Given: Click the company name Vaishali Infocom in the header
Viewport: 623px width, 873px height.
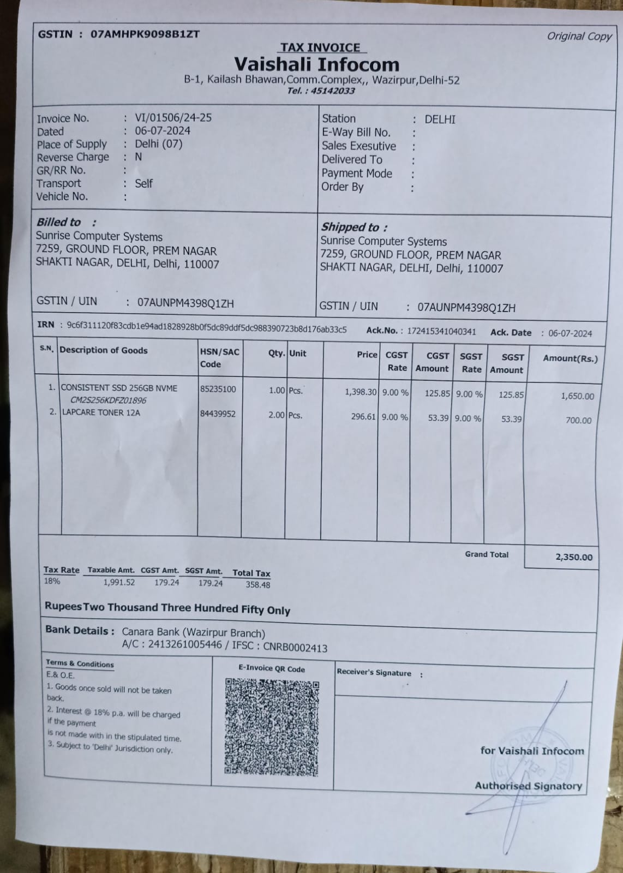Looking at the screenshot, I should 316,65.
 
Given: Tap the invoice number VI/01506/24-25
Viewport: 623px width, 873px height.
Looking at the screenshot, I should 173,117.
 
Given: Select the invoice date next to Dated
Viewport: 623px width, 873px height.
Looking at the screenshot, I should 163,130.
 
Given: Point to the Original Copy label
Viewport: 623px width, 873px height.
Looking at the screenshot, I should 579,37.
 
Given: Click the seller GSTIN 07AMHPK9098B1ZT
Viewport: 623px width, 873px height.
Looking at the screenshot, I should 145,34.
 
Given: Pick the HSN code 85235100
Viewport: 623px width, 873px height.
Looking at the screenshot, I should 218,389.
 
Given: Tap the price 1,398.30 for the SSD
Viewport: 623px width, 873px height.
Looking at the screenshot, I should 360,392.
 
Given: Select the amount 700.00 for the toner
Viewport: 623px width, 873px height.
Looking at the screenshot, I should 578,420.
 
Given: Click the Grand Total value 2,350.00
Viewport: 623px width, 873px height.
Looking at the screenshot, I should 573,557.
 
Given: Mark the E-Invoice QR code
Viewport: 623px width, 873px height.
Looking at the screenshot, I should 271,726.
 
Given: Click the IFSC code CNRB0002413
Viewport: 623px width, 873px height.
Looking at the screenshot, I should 295,648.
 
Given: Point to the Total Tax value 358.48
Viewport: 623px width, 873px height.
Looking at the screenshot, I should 257,584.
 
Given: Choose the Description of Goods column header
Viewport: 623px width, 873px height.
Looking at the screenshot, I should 103,350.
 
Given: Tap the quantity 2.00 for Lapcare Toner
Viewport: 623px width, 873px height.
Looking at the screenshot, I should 276,415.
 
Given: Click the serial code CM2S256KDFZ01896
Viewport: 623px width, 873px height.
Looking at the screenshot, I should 108,400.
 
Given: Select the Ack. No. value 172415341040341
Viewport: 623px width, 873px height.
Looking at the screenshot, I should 441,331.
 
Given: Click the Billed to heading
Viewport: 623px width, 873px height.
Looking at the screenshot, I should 58,222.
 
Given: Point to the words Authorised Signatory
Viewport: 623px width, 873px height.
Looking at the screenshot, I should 528,786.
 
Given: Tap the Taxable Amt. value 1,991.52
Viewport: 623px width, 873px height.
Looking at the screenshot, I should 119,582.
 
